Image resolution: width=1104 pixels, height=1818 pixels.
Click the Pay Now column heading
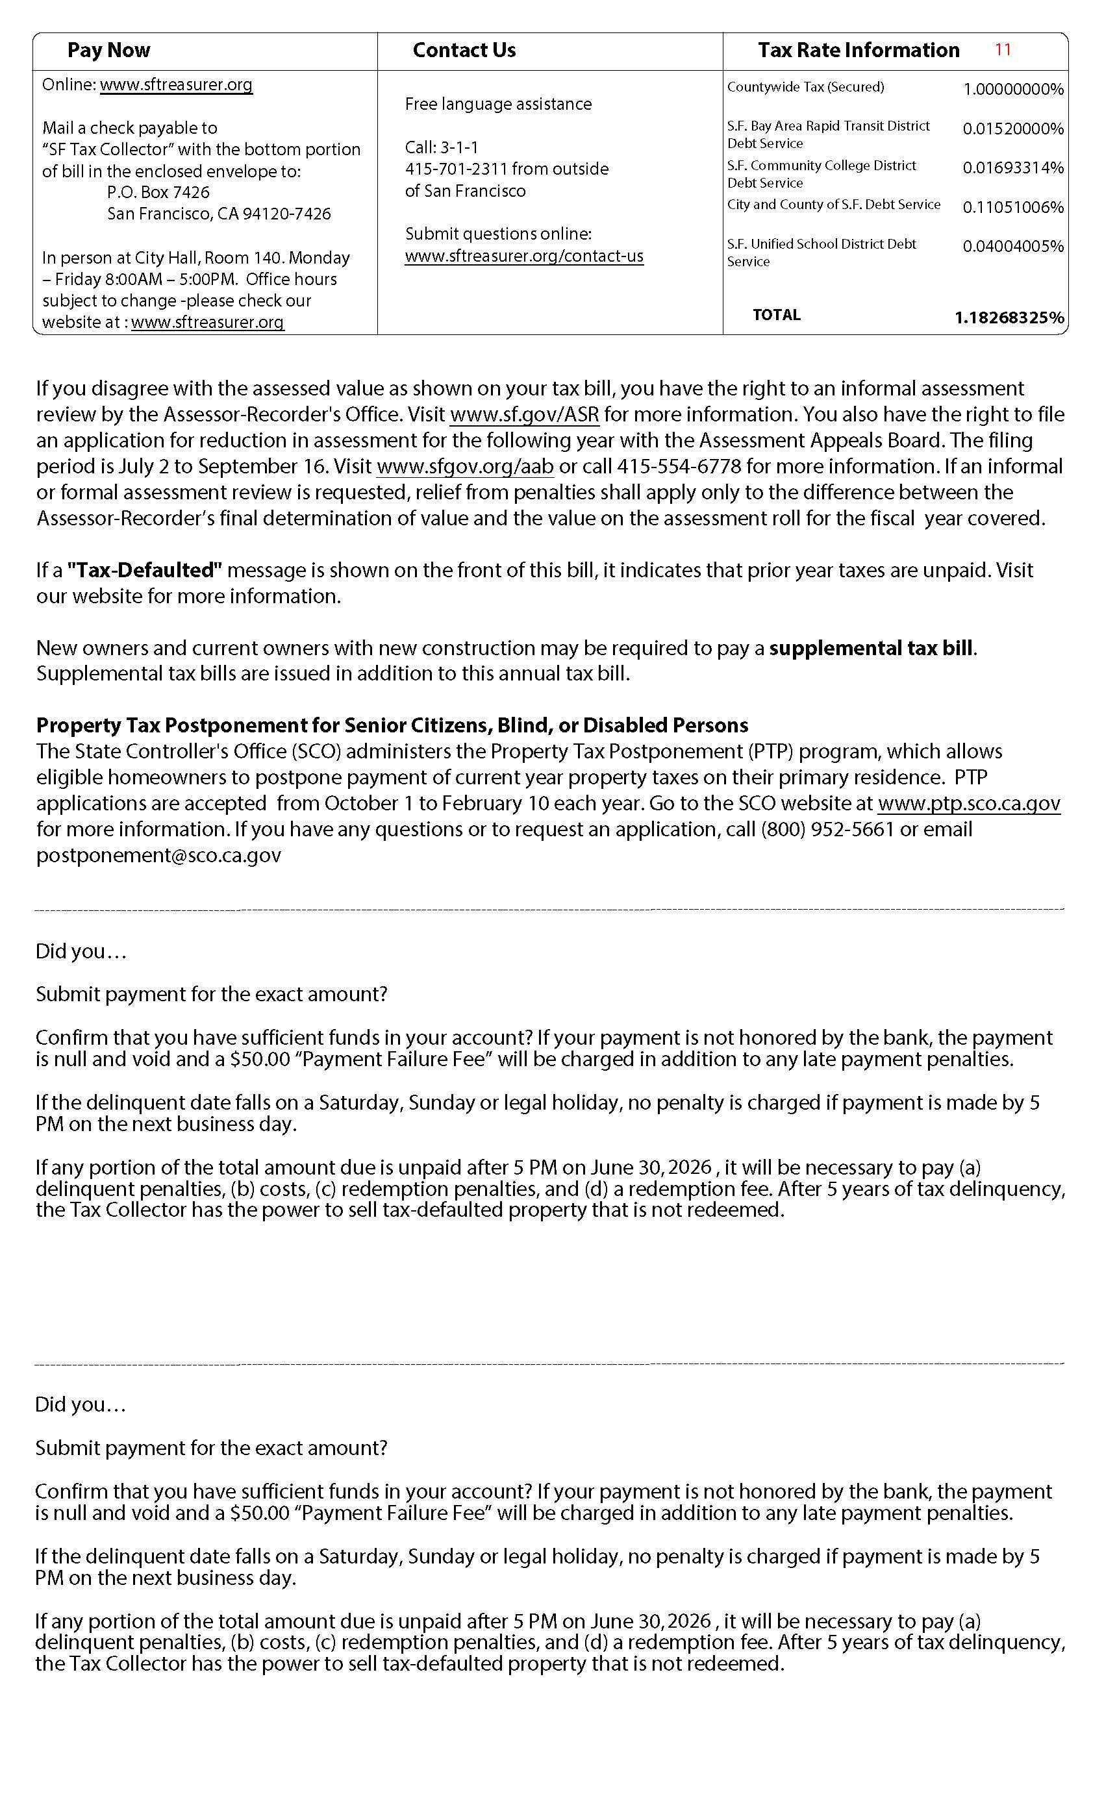click(108, 50)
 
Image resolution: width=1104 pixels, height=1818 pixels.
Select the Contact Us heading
click(464, 50)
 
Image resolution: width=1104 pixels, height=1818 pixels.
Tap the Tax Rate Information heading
click(859, 50)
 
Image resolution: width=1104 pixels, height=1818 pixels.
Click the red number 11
click(1002, 49)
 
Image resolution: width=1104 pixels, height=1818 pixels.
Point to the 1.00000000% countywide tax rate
click(1012, 90)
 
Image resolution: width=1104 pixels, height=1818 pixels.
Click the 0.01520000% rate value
click(1012, 129)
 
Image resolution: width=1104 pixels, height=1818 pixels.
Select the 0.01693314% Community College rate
click(1012, 168)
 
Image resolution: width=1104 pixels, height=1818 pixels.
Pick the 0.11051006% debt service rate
click(1012, 207)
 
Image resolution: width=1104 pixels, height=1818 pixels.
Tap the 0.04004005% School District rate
click(1012, 247)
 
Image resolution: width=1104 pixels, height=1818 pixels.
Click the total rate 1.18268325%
click(1009, 318)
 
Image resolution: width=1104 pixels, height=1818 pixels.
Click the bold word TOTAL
click(776, 315)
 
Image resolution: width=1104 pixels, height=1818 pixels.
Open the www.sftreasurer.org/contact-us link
click(524, 256)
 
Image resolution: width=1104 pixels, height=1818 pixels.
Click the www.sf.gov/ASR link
click(524, 415)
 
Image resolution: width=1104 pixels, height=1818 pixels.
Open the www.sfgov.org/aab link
click(465, 466)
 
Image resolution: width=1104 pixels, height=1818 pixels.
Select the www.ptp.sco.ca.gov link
click(969, 804)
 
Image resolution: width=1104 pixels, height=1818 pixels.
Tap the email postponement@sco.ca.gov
click(158, 855)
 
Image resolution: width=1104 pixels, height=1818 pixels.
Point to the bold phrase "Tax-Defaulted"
click(145, 570)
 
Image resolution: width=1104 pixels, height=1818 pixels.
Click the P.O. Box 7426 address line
click(158, 193)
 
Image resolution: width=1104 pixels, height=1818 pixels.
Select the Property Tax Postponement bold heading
click(392, 725)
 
